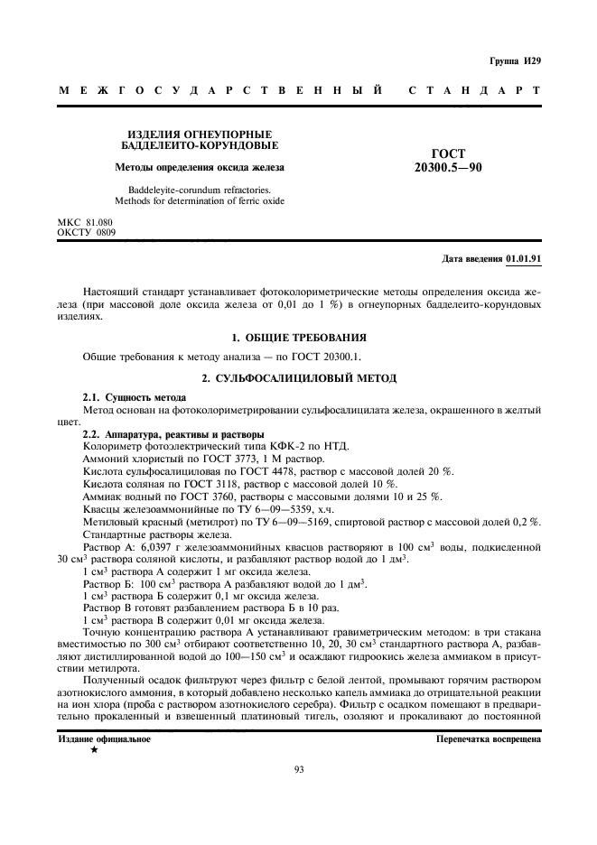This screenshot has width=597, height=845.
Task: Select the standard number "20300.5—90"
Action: (447, 167)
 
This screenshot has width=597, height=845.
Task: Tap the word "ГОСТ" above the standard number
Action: (448, 154)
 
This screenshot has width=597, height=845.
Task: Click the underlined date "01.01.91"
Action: (523, 258)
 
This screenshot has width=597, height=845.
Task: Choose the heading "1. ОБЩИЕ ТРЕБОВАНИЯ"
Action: (298, 337)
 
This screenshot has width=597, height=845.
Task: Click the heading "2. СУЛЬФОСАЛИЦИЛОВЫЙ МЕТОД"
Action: (298, 376)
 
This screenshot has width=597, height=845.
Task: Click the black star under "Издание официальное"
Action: (94, 750)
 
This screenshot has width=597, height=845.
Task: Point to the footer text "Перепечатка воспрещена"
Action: (488, 738)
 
